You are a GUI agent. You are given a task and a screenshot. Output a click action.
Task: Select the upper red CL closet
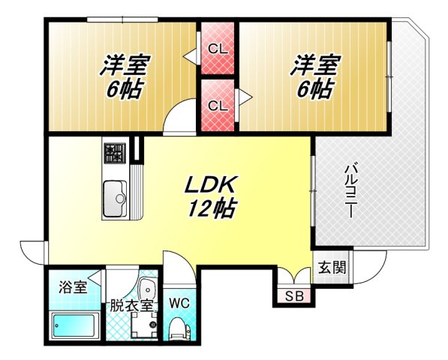click(x=218, y=49)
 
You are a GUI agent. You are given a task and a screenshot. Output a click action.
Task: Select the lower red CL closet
click(x=218, y=105)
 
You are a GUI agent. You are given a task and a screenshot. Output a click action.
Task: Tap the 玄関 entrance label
click(x=331, y=268)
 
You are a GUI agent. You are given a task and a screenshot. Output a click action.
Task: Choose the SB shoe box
click(x=293, y=295)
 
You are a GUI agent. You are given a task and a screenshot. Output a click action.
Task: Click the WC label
click(x=179, y=304)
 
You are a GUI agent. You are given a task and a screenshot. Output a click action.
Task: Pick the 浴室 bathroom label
click(x=73, y=286)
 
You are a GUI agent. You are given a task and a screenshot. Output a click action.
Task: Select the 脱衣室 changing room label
click(x=131, y=305)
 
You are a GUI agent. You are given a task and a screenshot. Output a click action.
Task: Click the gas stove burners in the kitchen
click(x=115, y=153)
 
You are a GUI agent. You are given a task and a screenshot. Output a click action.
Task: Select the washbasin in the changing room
click(x=146, y=288)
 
